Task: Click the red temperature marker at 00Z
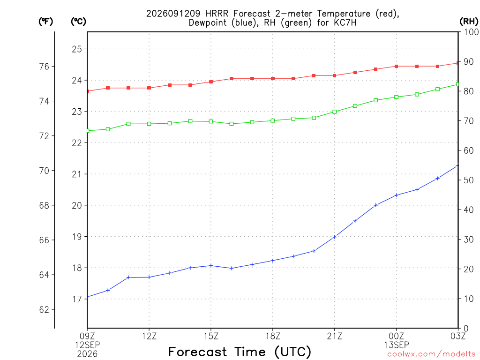pos(396,66)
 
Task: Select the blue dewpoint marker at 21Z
pos(334,237)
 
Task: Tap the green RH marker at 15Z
pos(211,121)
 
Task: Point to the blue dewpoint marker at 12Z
pos(149,277)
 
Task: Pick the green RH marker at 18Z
pos(273,120)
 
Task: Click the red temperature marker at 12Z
pos(149,88)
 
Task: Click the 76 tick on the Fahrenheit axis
pos(45,67)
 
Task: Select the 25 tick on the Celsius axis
pos(77,49)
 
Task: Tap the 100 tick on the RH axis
pos(471,32)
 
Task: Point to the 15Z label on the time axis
pos(211,336)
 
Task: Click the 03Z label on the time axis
pos(458,336)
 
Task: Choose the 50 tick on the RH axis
pos(469,180)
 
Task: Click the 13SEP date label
pos(397,345)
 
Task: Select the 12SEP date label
pos(88,345)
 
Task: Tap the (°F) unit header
pos(45,22)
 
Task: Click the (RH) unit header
pos(469,21)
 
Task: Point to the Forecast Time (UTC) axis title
pos(240,352)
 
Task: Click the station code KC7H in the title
pos(345,22)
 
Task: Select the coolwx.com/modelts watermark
pos(431,354)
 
